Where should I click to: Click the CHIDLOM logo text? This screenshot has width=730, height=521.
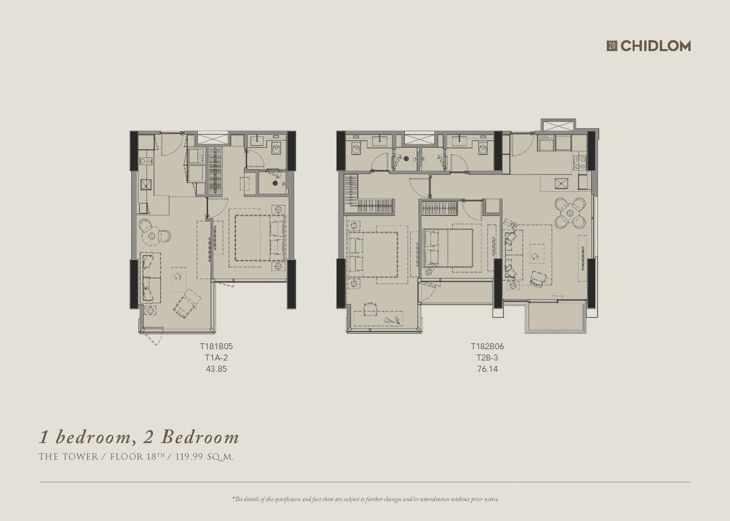click(x=656, y=46)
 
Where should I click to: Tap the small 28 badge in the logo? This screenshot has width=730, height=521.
click(x=612, y=46)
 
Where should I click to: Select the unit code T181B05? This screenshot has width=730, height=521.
click(x=217, y=346)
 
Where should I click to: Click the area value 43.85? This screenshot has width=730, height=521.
click(x=217, y=369)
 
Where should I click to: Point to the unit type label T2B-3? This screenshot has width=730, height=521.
click(x=487, y=357)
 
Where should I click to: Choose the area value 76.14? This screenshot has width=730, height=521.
click(x=487, y=369)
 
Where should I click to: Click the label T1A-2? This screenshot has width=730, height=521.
click(x=217, y=357)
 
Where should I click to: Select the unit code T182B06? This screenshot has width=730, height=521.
click(x=487, y=346)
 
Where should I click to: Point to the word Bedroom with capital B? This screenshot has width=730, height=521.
click(x=200, y=437)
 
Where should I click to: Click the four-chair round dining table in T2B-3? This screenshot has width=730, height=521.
click(x=570, y=213)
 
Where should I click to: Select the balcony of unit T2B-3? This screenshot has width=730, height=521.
click(x=556, y=316)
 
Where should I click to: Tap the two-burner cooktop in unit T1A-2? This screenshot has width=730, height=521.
click(x=146, y=161)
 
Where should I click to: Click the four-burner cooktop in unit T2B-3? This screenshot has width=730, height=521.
click(x=580, y=163)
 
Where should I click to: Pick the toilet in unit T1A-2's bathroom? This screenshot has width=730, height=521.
click(x=276, y=150)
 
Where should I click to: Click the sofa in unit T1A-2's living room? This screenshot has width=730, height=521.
click(x=150, y=278)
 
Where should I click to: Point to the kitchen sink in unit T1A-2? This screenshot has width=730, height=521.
click(x=146, y=184)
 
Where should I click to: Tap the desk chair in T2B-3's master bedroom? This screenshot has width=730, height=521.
click(x=370, y=308)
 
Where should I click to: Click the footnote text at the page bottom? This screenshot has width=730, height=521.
click(x=366, y=500)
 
